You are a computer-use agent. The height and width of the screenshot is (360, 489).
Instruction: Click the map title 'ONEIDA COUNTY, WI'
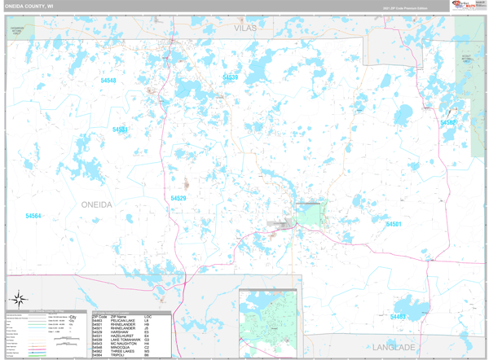tap(30, 6)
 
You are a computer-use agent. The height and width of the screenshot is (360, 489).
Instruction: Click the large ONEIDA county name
tap(96, 204)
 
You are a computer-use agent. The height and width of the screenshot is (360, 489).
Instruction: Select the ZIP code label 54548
tap(108, 81)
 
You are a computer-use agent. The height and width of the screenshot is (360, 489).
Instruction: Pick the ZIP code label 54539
tap(230, 77)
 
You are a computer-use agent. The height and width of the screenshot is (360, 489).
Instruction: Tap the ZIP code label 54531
tap(121, 130)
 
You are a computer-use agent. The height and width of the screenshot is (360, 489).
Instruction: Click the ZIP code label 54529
tap(178, 198)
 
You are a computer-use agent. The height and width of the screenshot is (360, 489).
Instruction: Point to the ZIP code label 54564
tap(33, 216)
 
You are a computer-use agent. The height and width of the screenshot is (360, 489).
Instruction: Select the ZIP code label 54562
tap(448, 123)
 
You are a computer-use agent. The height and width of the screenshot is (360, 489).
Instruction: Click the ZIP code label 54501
tap(393, 224)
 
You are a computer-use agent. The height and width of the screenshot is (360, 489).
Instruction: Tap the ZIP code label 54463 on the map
tap(398, 317)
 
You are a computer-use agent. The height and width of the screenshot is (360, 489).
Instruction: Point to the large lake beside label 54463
tap(416, 310)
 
